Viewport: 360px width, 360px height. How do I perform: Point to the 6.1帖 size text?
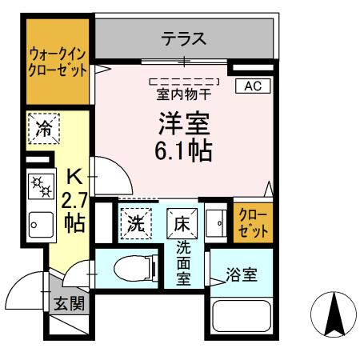coord(183,151)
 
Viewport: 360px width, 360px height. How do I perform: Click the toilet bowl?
coord(130,269)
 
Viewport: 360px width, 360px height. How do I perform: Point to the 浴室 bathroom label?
coord(242,274)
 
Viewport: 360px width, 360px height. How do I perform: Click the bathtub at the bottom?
coord(244,317)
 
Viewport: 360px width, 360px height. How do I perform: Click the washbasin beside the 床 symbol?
coord(214,224)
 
